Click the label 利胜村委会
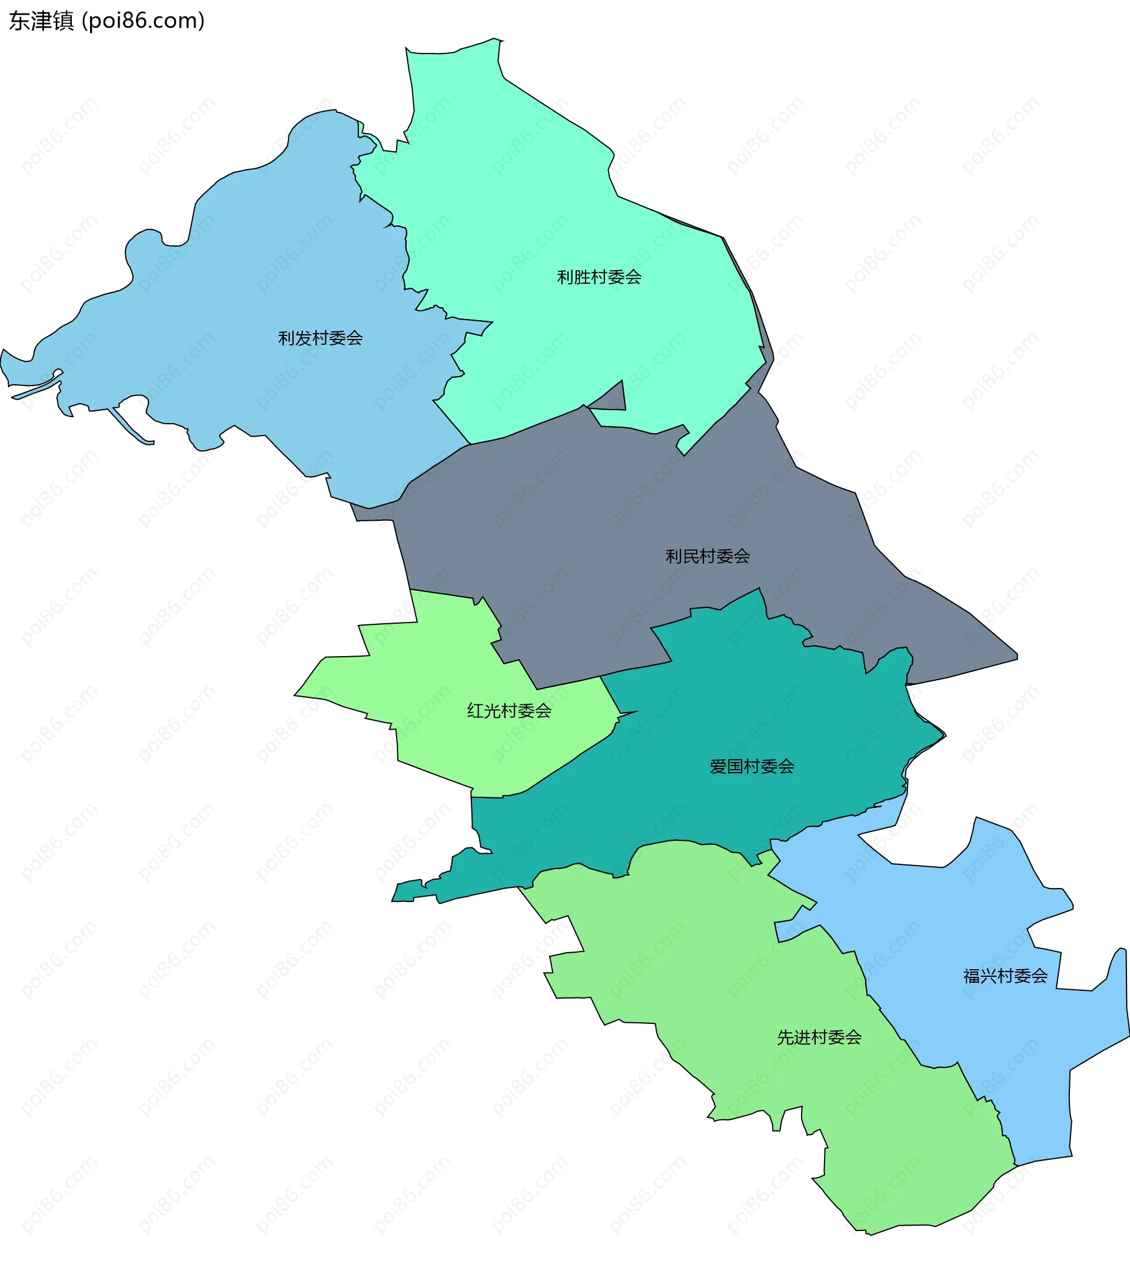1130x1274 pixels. click(x=599, y=277)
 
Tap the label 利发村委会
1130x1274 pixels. click(x=320, y=338)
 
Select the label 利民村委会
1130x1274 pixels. click(x=707, y=557)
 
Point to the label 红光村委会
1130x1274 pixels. click(x=509, y=711)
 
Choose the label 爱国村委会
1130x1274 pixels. click(x=752, y=767)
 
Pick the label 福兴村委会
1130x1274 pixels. click(x=1005, y=976)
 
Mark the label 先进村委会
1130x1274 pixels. click(x=819, y=1037)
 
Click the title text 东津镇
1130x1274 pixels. click(x=42, y=21)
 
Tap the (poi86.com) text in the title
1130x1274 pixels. click(x=143, y=21)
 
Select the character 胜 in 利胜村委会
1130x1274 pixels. click(x=582, y=277)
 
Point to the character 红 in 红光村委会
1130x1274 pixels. click(x=476, y=711)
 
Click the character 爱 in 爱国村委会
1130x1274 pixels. click(x=718, y=767)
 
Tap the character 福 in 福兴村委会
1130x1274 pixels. click(x=971, y=976)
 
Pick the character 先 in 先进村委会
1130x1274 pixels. click(x=785, y=1037)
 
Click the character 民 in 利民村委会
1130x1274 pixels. click(x=690, y=557)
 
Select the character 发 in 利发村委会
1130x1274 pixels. click(x=303, y=338)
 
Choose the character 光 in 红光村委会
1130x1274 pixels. click(x=493, y=711)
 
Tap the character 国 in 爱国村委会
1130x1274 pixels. click(x=735, y=767)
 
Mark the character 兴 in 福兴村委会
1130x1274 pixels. click(x=988, y=976)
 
